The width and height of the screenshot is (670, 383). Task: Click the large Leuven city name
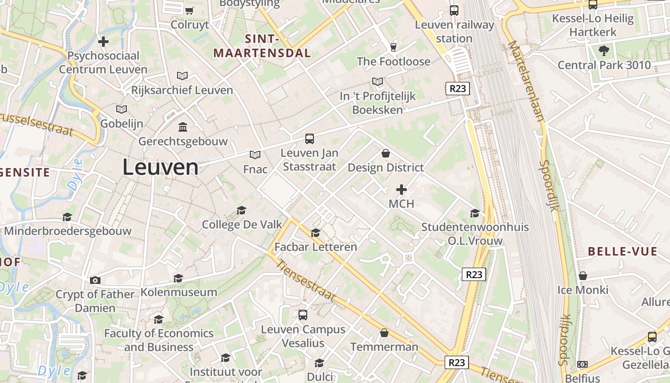tap(160, 167)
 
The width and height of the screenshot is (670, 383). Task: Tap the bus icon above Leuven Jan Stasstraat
tap(310, 139)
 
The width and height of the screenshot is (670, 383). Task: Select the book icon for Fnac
tap(255, 155)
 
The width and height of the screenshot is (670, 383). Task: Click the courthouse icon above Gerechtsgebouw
tap(183, 127)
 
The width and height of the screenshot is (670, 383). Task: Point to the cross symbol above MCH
tap(401, 190)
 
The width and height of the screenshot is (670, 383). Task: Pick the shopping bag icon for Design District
tap(385, 153)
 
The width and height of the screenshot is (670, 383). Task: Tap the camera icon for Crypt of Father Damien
tap(95, 280)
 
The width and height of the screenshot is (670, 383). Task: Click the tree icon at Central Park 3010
tap(604, 50)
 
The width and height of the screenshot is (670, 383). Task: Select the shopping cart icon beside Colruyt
tap(190, 11)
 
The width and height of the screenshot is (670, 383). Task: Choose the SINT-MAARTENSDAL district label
tap(262, 46)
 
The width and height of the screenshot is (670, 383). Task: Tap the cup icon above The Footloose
tap(393, 47)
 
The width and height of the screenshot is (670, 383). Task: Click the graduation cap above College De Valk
tap(241, 210)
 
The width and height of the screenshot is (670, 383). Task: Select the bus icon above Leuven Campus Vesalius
tap(303, 315)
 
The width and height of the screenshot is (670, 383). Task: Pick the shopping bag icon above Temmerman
tap(384, 332)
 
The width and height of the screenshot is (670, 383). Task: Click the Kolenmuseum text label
tap(179, 292)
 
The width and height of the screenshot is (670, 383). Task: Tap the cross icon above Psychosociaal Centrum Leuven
tap(103, 42)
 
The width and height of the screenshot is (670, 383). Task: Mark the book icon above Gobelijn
tap(122, 109)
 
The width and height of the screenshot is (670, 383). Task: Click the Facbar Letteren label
tap(315, 247)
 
